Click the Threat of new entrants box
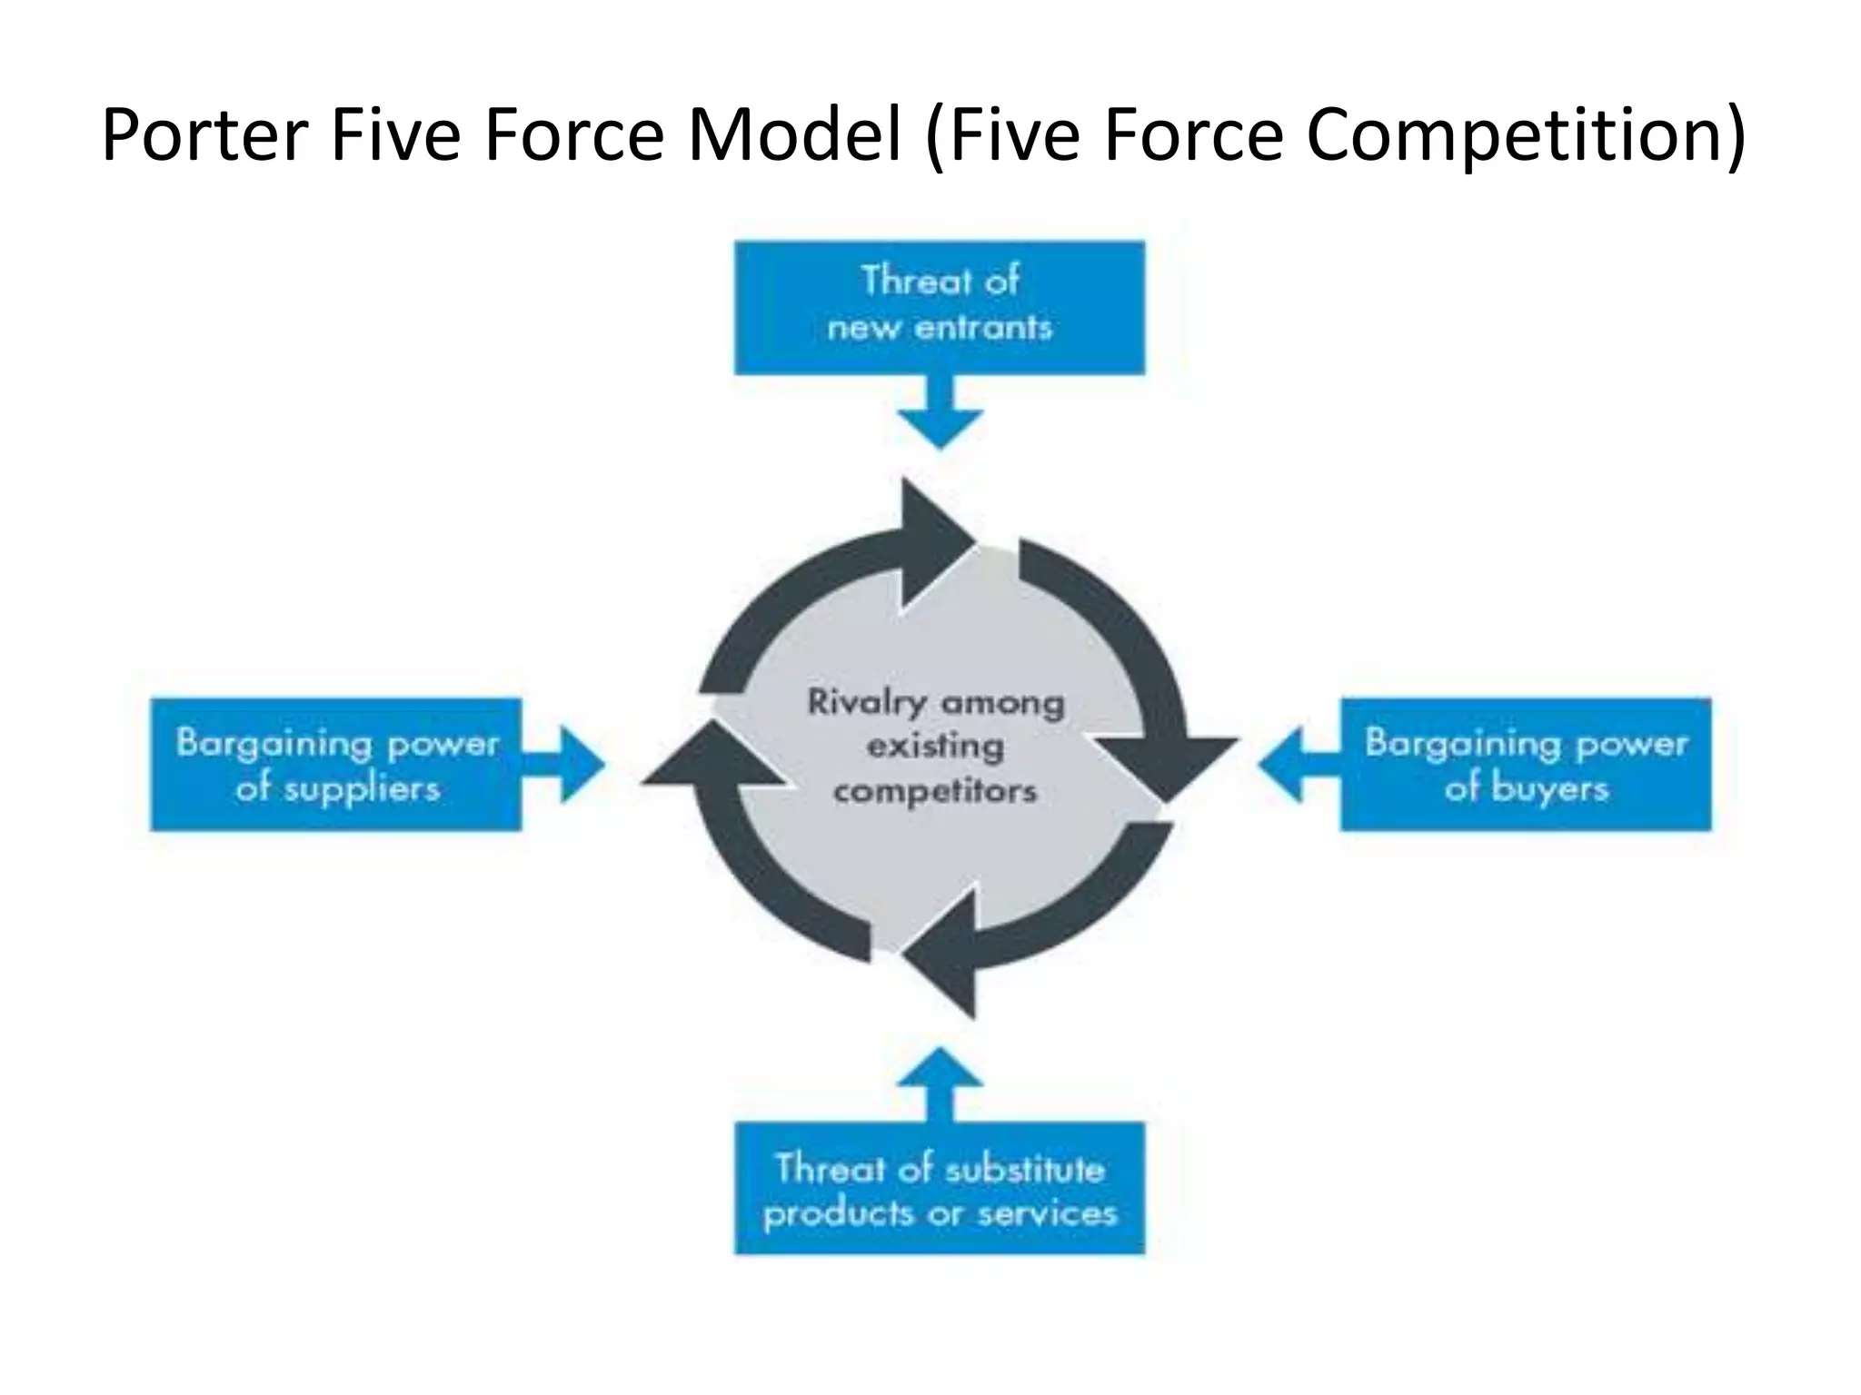(940, 306)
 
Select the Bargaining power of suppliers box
(336, 764)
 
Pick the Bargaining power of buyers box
(1526, 764)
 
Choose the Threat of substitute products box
(940, 1189)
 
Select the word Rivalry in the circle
(867, 703)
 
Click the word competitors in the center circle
(935, 791)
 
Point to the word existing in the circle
(935, 747)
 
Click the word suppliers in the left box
(362, 788)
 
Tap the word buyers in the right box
(1550, 788)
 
